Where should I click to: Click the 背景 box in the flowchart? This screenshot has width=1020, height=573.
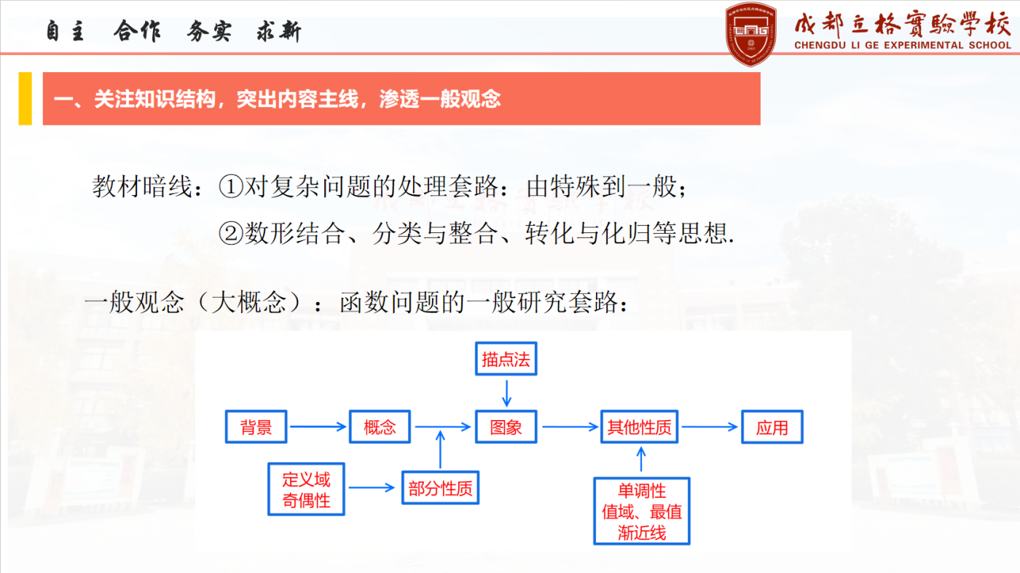coord(256,427)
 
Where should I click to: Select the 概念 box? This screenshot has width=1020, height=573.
coord(380,427)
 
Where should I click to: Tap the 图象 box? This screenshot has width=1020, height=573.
coord(506,427)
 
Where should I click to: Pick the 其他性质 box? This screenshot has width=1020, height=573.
coord(640,427)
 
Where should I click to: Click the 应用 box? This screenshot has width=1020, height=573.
coord(772,427)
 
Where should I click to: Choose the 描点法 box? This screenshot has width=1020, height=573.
coord(506,359)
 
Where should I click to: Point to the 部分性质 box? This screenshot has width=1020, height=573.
coord(440,487)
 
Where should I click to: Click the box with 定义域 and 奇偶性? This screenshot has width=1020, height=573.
coord(306,489)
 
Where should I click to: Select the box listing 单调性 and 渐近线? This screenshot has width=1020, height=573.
coord(642,510)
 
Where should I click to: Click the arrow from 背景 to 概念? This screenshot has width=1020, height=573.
coord(318,427)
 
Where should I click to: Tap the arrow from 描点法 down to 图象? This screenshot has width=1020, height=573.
coord(506,393)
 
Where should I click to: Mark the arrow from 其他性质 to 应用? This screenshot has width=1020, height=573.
coord(710,427)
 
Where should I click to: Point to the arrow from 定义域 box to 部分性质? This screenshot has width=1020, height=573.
coord(372,487)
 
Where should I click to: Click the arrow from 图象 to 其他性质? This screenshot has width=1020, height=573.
coord(570,427)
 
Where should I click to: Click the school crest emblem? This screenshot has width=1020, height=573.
coord(751,34)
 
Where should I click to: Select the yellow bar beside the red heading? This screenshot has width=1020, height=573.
coord(25,98)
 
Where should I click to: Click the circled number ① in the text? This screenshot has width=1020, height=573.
coord(231,186)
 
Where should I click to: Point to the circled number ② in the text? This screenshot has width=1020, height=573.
coord(231,234)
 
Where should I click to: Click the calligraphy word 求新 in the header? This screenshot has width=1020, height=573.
coord(278,32)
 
